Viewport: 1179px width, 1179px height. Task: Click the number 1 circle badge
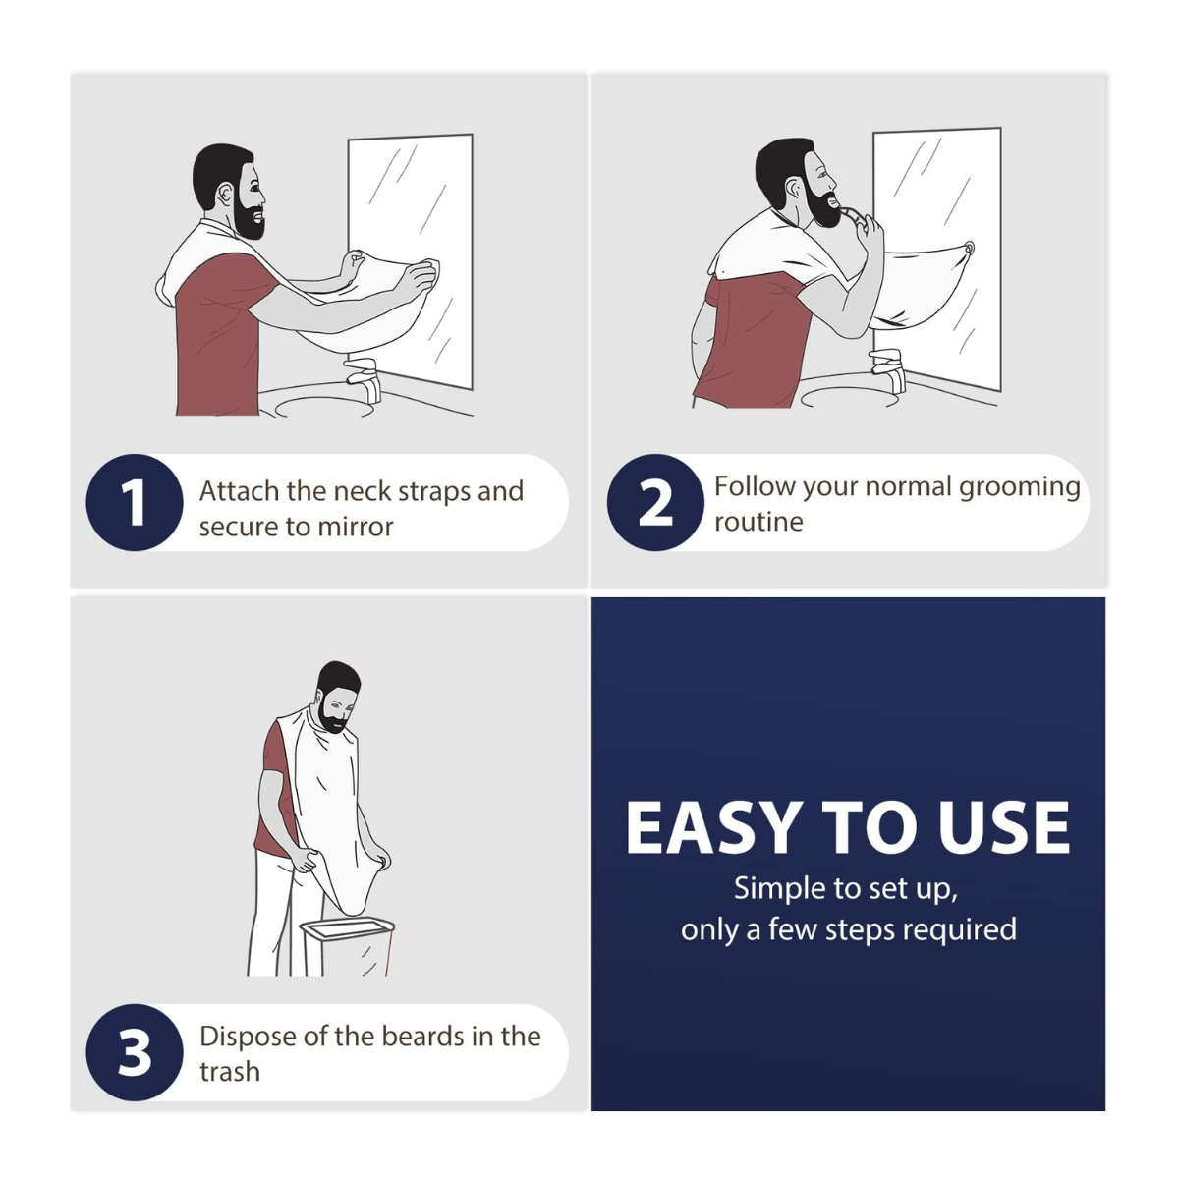pos(135,502)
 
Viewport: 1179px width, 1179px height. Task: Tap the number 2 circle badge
pos(655,502)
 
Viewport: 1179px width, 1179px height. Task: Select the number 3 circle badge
pos(135,1052)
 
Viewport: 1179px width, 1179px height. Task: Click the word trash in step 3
pos(230,1071)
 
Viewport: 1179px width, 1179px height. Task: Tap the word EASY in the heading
pos(714,828)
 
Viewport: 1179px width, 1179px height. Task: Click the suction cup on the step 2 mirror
pos(968,248)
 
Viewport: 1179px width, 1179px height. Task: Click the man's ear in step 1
pos(225,196)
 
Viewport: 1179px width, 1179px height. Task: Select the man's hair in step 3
pos(337,676)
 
